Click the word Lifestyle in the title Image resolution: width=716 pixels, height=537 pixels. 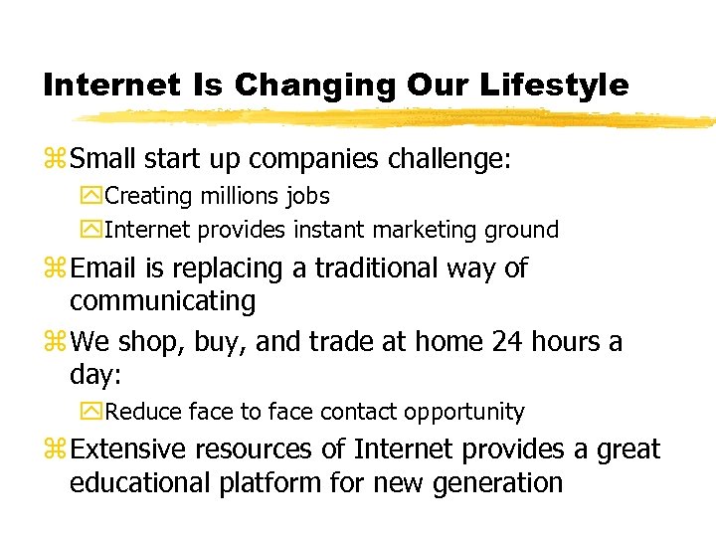(x=555, y=86)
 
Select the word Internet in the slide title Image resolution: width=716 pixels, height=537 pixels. (x=108, y=86)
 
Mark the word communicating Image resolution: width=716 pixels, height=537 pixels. (x=162, y=301)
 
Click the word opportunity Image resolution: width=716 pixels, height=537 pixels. (x=463, y=412)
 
